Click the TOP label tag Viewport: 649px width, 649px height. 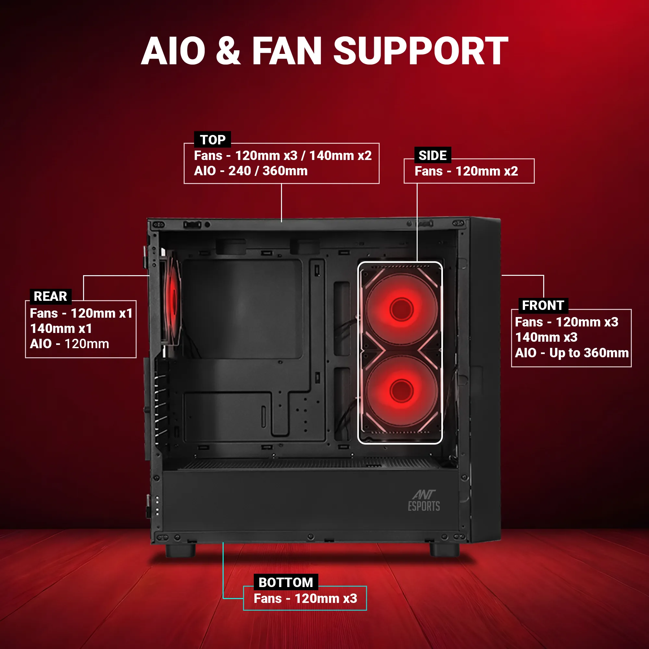212,140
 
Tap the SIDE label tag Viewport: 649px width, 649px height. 432,155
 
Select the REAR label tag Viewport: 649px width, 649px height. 50,296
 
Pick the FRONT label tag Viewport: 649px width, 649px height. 543,305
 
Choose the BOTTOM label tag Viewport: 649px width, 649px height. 286,582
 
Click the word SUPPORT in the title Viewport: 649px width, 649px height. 421,51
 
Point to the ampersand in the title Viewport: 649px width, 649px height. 228,51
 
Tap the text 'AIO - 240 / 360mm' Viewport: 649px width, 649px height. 251,171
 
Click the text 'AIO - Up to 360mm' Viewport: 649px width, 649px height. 572,353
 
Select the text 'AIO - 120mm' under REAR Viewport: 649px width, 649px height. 69,344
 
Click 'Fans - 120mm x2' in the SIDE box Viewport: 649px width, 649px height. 466,171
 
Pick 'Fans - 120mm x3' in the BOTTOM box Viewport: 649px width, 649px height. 305,598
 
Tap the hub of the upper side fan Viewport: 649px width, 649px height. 401,309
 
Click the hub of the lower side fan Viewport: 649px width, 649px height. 401,391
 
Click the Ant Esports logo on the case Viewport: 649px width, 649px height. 424,500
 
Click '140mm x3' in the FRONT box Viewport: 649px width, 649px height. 546,337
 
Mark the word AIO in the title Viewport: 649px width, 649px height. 173,51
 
